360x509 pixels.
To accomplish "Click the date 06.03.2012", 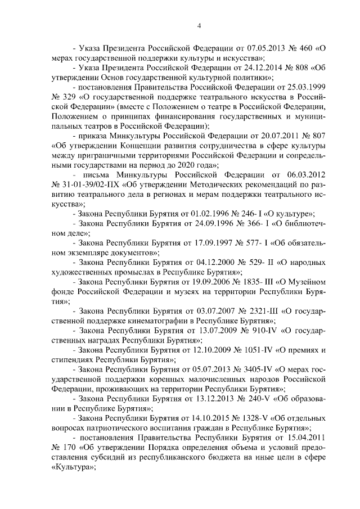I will tap(305, 169).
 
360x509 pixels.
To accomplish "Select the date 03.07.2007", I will tap(200, 312).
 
